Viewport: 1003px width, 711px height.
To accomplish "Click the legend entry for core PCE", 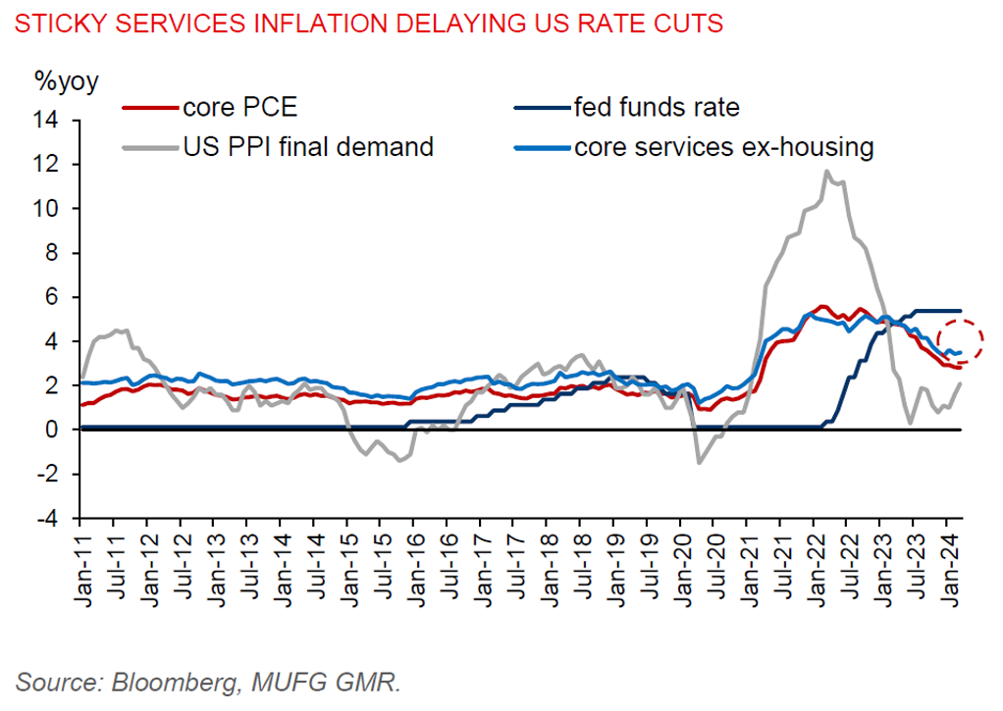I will tap(238, 107).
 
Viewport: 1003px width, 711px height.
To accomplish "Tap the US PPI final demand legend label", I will tap(307, 148).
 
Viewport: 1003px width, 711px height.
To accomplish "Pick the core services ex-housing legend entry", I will tap(723, 148).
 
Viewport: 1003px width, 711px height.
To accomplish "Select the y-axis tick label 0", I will tap(55, 431).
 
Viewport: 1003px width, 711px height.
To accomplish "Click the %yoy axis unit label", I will tap(67, 81).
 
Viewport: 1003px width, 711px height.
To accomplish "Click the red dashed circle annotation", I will tap(961, 341).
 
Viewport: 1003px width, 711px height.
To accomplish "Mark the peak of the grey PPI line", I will tap(826, 172).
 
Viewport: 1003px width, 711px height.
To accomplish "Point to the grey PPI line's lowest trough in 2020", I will tap(699, 463).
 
